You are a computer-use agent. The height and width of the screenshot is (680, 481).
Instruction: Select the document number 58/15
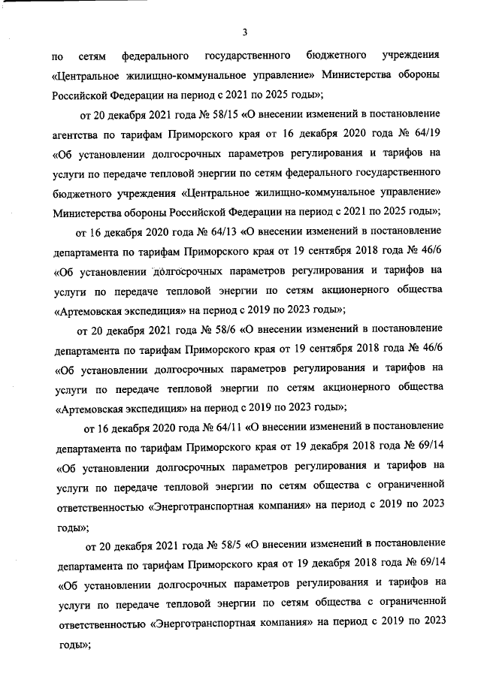point(207,115)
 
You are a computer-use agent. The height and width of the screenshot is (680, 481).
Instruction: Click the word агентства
point(79,135)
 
